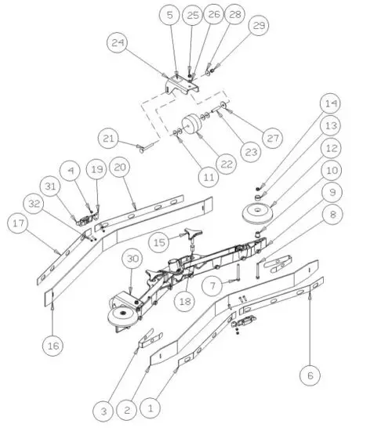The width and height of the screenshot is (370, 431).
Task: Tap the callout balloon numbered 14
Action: (x=331, y=103)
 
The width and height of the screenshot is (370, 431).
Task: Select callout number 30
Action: (x=132, y=260)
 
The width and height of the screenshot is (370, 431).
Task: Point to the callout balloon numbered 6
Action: (x=310, y=375)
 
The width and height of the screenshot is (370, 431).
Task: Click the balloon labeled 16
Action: (x=52, y=344)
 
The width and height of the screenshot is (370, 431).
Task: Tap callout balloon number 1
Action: (x=151, y=407)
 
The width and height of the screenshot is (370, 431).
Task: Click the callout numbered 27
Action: (x=270, y=138)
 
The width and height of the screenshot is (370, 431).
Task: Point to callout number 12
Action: (x=331, y=147)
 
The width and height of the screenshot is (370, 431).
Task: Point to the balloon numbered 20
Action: (x=119, y=167)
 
